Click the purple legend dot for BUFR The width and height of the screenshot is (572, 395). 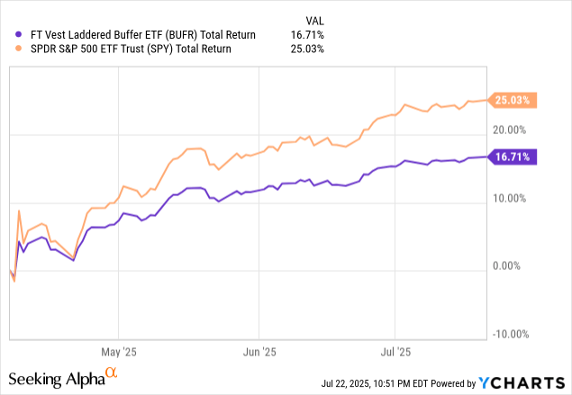click(10, 34)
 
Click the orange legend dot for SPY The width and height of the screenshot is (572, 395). click(10, 49)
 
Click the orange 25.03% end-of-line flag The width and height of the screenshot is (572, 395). click(513, 101)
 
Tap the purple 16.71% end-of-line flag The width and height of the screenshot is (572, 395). click(513, 157)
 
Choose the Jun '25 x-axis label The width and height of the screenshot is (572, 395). click(259, 350)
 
